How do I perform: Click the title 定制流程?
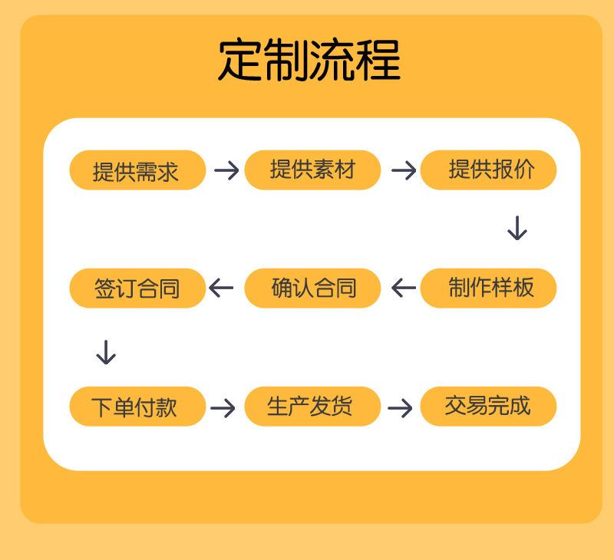click(309, 60)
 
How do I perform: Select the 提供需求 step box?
click(137, 170)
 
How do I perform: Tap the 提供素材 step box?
click(312, 170)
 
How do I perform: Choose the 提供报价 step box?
click(488, 170)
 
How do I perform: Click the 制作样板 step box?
click(488, 288)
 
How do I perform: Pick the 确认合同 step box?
click(312, 288)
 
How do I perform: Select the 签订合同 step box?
click(137, 288)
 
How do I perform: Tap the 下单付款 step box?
click(137, 407)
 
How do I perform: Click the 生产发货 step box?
click(312, 407)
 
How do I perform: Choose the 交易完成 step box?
click(488, 407)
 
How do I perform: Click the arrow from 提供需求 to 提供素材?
click(226, 170)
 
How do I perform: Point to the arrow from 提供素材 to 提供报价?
click(404, 170)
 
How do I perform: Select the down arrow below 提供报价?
click(517, 228)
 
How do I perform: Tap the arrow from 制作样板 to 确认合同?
click(404, 288)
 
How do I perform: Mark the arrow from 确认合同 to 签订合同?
click(221, 288)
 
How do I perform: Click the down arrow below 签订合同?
click(106, 352)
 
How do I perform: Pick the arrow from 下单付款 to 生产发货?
click(223, 408)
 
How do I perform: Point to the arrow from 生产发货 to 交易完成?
click(400, 408)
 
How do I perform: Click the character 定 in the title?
click(239, 60)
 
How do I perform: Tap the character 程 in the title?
click(378, 60)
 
